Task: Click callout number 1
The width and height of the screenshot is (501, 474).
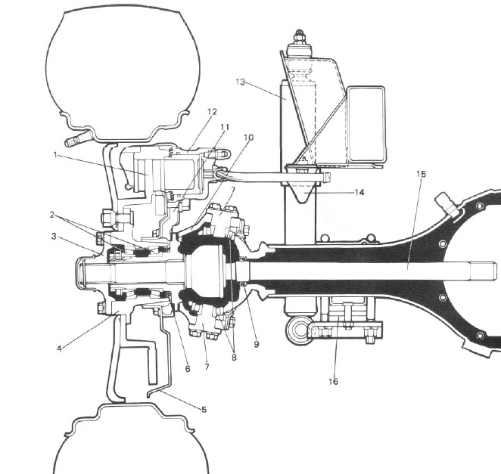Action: pyautogui.click(x=55, y=155)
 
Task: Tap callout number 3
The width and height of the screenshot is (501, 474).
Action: pyautogui.click(x=54, y=237)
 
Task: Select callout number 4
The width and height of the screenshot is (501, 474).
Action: pyautogui.click(x=59, y=349)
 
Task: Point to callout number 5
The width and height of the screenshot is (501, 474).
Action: pyautogui.click(x=204, y=409)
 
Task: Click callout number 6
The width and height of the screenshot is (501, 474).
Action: pyautogui.click(x=188, y=369)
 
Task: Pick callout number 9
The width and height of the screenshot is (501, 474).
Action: pyautogui.click(x=257, y=345)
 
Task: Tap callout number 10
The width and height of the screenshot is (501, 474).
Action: pyautogui.click(x=248, y=138)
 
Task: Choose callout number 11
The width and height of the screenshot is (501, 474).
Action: pyautogui.click(x=225, y=127)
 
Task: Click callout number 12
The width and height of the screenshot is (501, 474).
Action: pyautogui.click(x=212, y=112)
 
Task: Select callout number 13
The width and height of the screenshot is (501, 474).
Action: pyautogui.click(x=240, y=82)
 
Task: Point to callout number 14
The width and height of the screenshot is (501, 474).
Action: pyautogui.click(x=359, y=192)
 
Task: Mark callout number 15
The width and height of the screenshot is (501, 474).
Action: pyautogui.click(x=421, y=174)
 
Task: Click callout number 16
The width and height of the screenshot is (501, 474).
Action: pyautogui.click(x=333, y=381)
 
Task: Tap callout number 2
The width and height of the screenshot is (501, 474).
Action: pyautogui.click(x=52, y=215)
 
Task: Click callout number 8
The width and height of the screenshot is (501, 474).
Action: pyautogui.click(x=234, y=357)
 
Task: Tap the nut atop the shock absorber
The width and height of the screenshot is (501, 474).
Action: pyautogui.click(x=299, y=37)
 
